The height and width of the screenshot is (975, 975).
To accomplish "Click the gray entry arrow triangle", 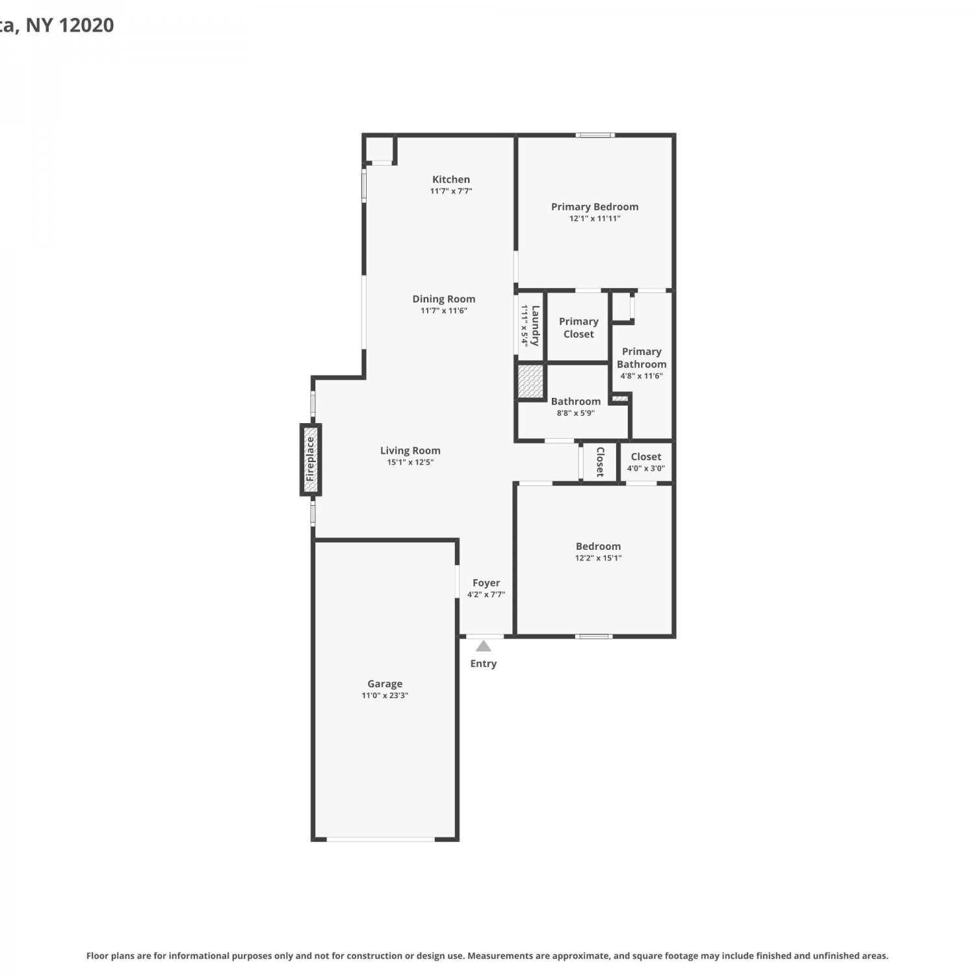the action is point(483,646).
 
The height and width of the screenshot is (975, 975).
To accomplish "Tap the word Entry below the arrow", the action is point(483,664).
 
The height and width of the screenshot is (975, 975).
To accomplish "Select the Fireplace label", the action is point(311,459).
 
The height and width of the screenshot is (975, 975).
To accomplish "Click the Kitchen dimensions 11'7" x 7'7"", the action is point(451,191).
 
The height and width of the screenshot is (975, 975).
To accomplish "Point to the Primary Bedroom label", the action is point(595,207).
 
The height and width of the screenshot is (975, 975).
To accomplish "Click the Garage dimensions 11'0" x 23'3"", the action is point(385,695).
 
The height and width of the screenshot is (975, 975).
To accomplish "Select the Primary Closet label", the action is point(578,328).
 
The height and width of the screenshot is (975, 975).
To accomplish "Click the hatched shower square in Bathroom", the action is point(530,382).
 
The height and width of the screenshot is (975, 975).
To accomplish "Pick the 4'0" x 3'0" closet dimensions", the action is point(646,469).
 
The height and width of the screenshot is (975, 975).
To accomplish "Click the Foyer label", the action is point(486,583).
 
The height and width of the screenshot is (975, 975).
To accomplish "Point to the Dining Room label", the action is point(444,299).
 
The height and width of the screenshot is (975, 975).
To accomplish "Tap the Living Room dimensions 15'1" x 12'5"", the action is point(410,463).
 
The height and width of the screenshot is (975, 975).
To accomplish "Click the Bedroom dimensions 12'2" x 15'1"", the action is point(598,558).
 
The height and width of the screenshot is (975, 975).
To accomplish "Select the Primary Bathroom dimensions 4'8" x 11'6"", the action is point(642,376).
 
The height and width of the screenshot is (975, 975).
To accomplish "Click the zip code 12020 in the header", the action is point(86,25).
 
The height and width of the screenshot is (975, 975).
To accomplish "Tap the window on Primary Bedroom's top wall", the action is point(595,135).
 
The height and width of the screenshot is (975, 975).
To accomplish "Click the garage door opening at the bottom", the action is point(380,839).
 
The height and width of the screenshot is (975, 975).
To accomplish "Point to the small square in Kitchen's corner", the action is point(380,149).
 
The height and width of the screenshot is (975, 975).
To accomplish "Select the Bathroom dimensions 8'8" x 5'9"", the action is point(576,413).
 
